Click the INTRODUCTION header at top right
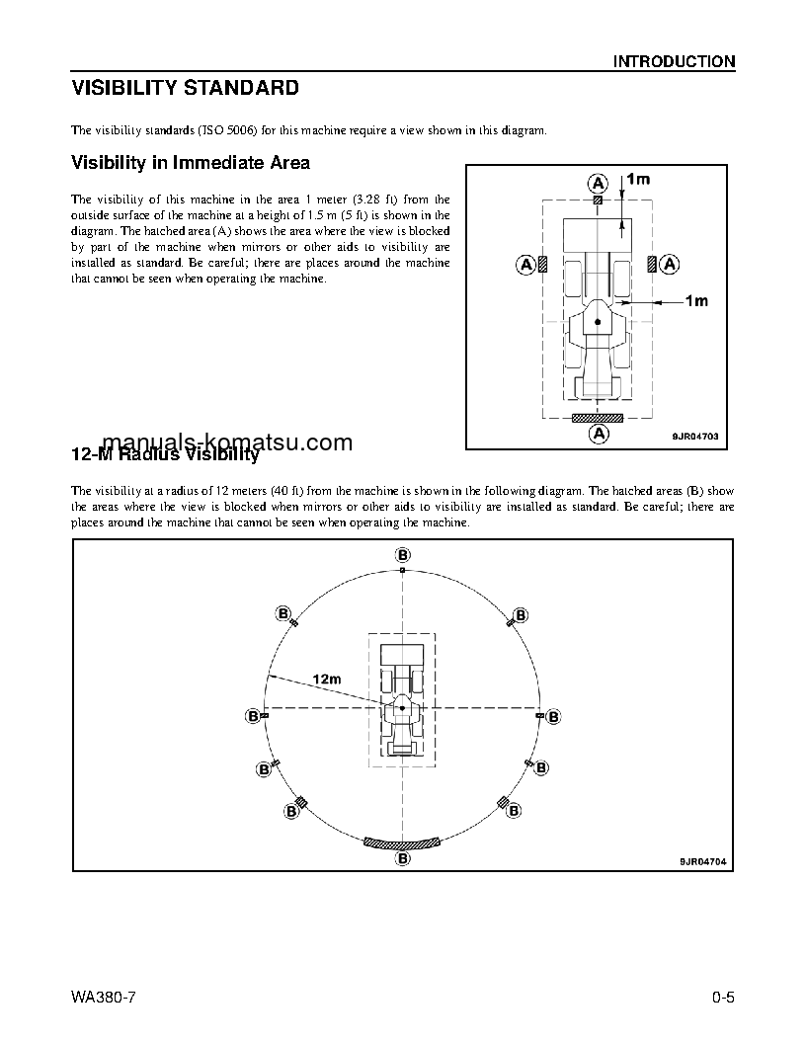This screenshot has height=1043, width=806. click(x=674, y=61)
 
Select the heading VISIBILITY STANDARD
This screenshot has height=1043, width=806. click(x=185, y=88)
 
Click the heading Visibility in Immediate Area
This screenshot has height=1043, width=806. click(x=191, y=162)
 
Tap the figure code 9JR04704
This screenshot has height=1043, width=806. click(x=702, y=861)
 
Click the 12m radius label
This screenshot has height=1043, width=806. click(x=326, y=679)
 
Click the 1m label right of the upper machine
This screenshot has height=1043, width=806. click(x=696, y=300)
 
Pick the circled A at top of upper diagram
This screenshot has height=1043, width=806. click(x=598, y=182)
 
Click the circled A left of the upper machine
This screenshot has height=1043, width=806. click(x=527, y=264)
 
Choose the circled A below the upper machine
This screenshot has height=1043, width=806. click(x=598, y=433)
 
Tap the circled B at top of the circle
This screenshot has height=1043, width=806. click(x=402, y=553)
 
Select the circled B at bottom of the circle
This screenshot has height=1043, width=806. click(x=403, y=860)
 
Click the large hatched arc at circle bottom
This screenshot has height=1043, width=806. click(x=402, y=843)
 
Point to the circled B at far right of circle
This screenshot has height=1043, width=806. click(x=553, y=716)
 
